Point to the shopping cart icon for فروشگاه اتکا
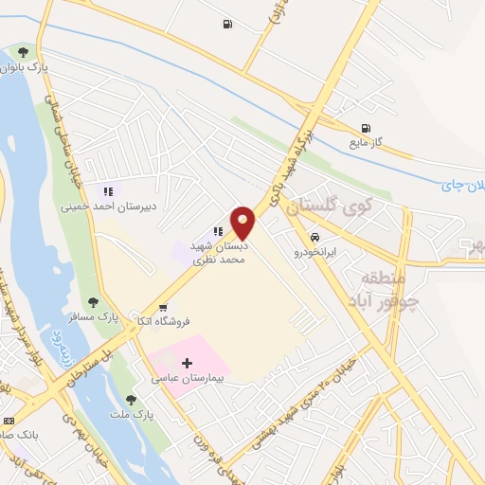tap(164, 307)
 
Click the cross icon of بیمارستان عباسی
tap(187, 363)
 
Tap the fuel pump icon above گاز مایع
tap(366, 128)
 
